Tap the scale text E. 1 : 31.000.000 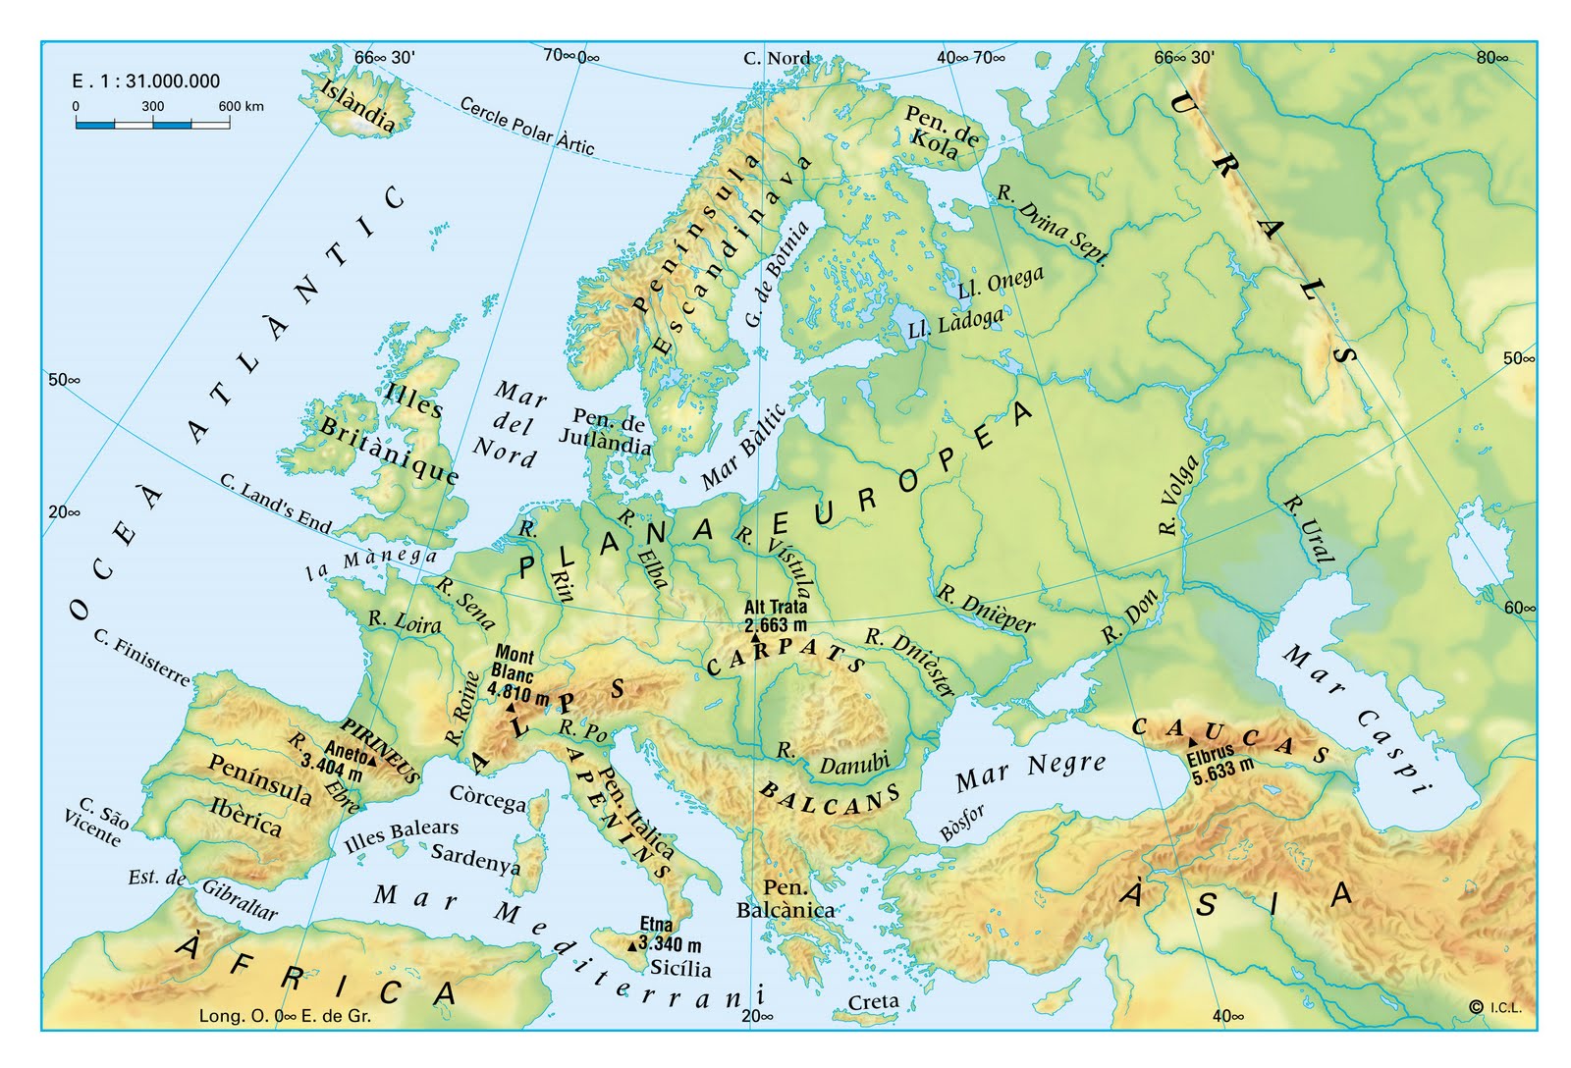pyautogui.click(x=146, y=81)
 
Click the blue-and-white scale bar pyautogui.click(x=153, y=125)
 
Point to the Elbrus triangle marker pyautogui.click(x=1192, y=743)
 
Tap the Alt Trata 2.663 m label pyautogui.click(x=776, y=616)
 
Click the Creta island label pyautogui.click(x=873, y=1001)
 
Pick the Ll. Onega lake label pyautogui.click(x=1001, y=282)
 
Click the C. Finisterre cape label pyautogui.click(x=141, y=658)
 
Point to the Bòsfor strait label pyautogui.click(x=961, y=823)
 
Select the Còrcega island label pyautogui.click(x=488, y=798)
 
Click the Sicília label pyautogui.click(x=680, y=968)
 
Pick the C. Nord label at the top pyautogui.click(x=777, y=58)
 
